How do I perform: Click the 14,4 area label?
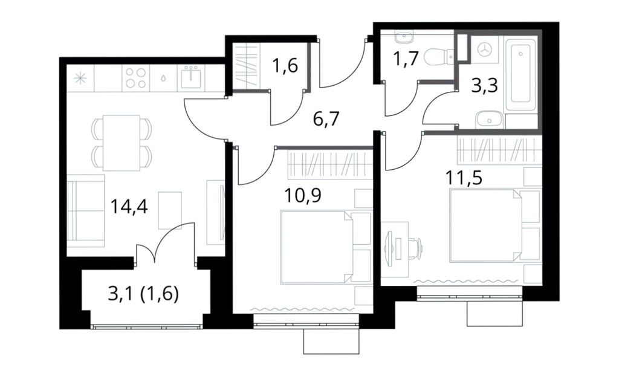(129, 207)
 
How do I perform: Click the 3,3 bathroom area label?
(484, 86)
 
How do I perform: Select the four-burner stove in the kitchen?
(135, 79)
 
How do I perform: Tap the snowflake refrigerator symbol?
(80, 79)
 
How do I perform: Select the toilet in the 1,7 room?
(438, 57)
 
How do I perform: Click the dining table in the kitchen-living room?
(121, 143)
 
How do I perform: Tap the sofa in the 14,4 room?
(85, 211)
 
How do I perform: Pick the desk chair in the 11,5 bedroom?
(414, 247)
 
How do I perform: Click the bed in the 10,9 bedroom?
(317, 247)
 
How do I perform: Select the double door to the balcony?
(166, 248)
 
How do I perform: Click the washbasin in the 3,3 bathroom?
(487, 120)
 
